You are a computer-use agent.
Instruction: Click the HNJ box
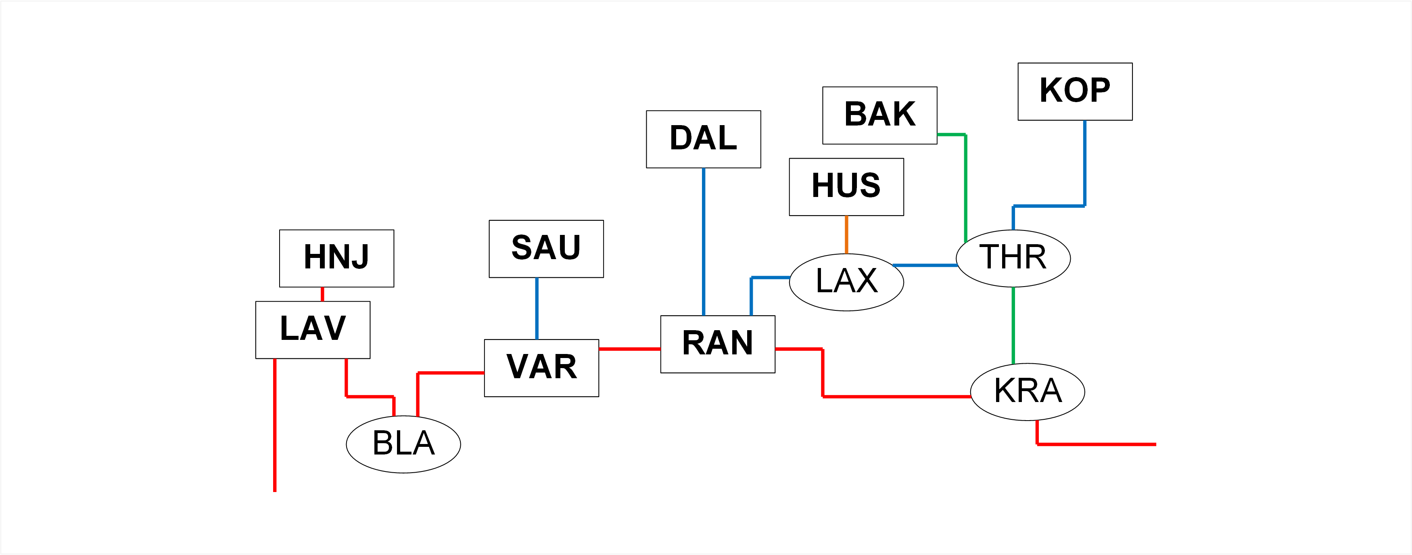click(336, 258)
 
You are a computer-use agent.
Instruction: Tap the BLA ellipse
click(403, 444)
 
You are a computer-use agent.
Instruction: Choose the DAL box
click(703, 139)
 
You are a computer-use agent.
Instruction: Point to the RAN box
click(718, 344)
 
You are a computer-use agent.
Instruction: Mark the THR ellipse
click(1013, 258)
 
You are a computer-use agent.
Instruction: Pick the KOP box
click(1074, 92)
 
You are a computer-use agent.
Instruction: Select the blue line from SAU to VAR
click(537, 308)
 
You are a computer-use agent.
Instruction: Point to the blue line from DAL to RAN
click(703, 241)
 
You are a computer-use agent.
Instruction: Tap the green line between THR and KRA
click(1013, 325)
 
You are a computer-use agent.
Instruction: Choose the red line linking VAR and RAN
click(629, 349)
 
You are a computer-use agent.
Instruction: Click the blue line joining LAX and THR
click(925, 266)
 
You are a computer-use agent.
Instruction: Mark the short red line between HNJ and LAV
click(322, 294)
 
